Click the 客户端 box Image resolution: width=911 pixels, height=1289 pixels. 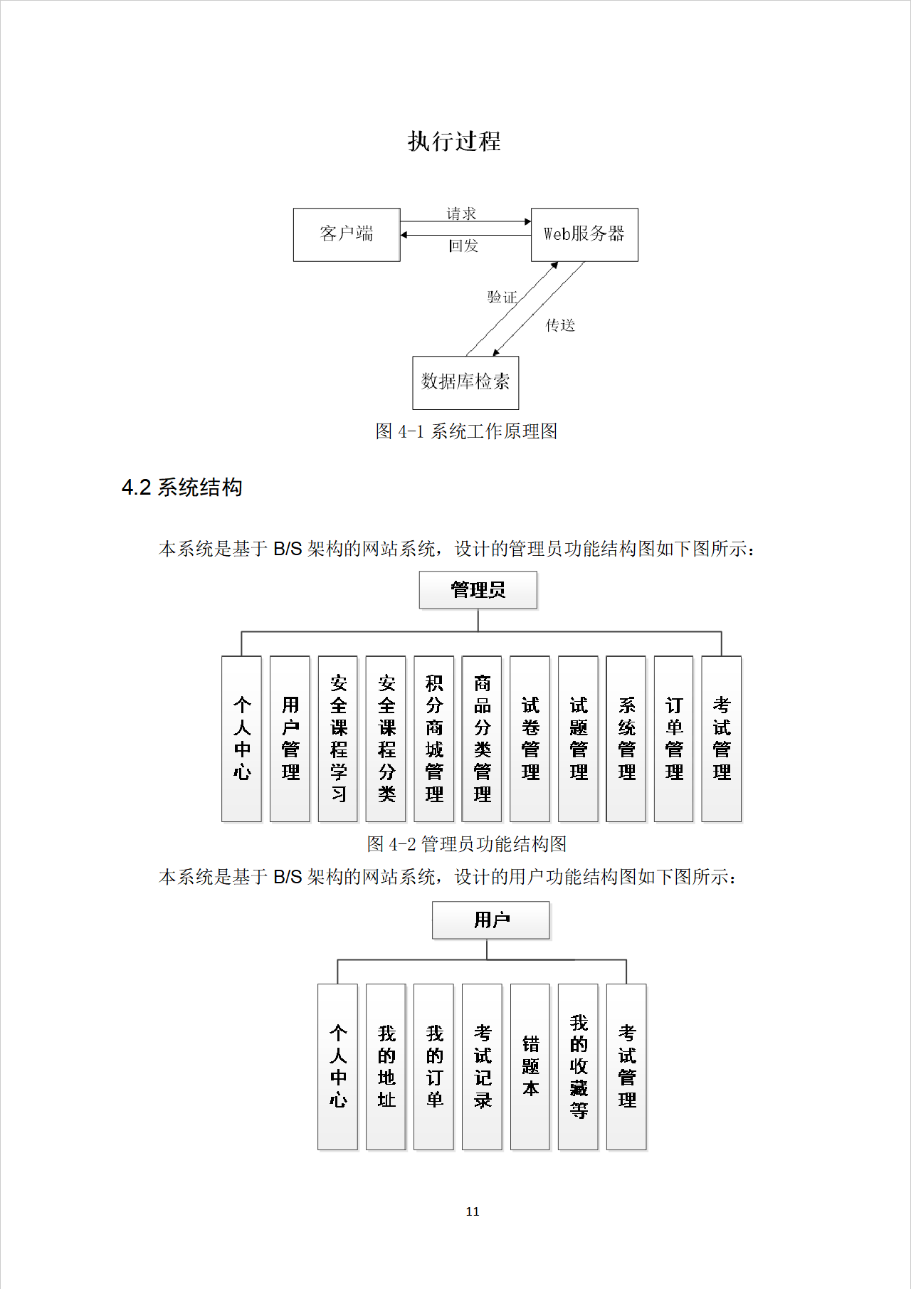pyautogui.click(x=347, y=234)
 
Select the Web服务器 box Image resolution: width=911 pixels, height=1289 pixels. pyautogui.click(x=584, y=234)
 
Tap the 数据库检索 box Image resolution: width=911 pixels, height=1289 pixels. pyautogui.click(x=465, y=382)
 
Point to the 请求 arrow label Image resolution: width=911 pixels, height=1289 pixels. pyautogui.click(x=461, y=214)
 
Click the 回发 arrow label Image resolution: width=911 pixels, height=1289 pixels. pyautogui.click(x=463, y=246)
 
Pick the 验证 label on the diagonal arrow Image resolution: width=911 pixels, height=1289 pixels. pyautogui.click(x=502, y=297)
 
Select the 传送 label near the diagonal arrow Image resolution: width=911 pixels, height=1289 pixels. pyautogui.click(x=560, y=325)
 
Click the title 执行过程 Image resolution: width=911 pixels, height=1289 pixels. pyautogui.click(x=454, y=141)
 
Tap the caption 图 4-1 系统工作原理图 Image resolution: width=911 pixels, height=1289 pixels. pyautogui.click(x=466, y=431)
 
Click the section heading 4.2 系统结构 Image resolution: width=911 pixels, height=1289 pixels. pyautogui.click(x=182, y=488)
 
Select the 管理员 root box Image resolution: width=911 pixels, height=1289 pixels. pyautogui.click(x=478, y=590)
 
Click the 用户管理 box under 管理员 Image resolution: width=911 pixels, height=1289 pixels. pyautogui.click(x=290, y=739)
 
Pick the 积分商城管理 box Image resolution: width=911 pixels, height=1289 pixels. pyautogui.click(x=434, y=739)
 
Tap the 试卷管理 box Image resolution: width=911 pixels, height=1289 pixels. pyautogui.click(x=530, y=739)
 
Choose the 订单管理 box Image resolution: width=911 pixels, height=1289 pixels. pyautogui.click(x=674, y=739)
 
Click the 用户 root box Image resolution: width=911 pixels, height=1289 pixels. pyautogui.click(x=491, y=920)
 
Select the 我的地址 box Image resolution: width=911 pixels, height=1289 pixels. pyautogui.click(x=386, y=1066)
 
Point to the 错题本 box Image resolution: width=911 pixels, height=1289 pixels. pyautogui.click(x=530, y=1066)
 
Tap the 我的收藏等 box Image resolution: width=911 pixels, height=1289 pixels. pyautogui.click(x=578, y=1066)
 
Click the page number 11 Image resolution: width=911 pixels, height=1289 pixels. pyautogui.click(x=473, y=1211)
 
